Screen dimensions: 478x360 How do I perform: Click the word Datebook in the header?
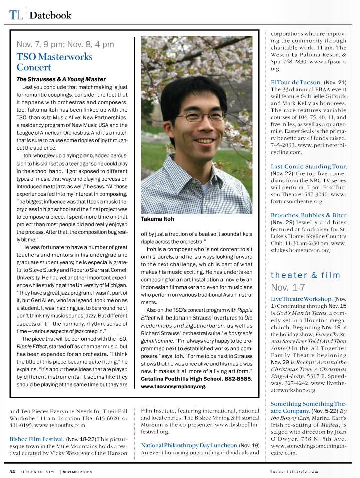pos(50,15)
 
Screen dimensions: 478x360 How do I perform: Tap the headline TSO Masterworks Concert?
pos(49,62)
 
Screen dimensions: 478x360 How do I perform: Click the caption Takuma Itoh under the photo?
pos(158,219)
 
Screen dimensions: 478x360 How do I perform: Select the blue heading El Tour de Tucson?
pos(296,82)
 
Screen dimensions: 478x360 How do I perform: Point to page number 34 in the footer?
pos(13,471)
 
